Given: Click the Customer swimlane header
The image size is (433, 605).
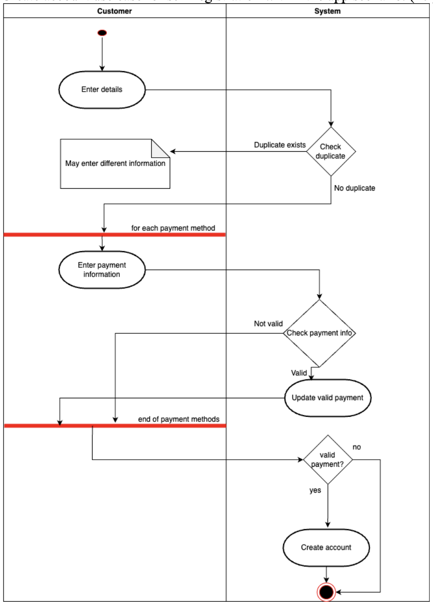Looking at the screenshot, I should coord(114,11).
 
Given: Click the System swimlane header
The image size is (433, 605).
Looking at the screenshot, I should coord(327,11).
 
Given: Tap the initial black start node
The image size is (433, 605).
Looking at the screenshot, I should coord(102,33).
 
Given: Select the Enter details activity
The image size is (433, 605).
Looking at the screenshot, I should coord(102,90).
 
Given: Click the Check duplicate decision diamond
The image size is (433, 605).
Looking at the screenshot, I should coord(331,152).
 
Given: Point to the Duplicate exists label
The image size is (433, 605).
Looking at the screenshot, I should coord(279,145).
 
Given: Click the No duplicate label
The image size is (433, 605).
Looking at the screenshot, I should coord(354,188).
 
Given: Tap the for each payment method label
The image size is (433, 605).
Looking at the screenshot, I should coord(173,228).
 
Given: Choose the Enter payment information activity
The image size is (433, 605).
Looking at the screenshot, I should coord(102,270).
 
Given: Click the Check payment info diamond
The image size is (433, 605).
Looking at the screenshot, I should coord(319,333).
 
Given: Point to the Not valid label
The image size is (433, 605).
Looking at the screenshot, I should coord(268,323).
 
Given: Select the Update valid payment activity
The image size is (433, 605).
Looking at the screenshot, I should coord(328,398).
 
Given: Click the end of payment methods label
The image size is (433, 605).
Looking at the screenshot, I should coord(179,419).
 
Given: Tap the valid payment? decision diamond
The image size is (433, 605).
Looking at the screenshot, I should coord(328,460).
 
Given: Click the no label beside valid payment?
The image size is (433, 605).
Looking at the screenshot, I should coord(357,447).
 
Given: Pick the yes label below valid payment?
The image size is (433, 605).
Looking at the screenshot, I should coord(315,490).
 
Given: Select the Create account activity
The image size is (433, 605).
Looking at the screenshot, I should coord(326,548).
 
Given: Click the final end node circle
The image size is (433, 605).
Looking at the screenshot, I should coord(326,592).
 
